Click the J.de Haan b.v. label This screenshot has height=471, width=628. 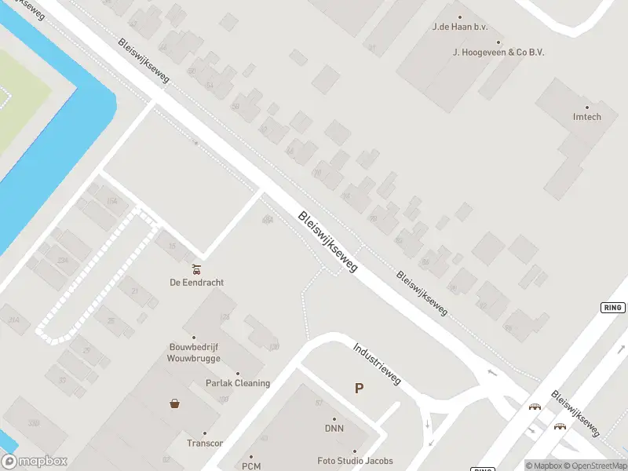tap(460, 27)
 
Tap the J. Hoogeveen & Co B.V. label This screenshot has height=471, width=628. tap(498, 52)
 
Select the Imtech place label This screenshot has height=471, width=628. tap(586, 118)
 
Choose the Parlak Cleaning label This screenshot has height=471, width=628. tap(237, 383)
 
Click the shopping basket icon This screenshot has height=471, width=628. tap(174, 403)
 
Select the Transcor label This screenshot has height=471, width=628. tap(205, 443)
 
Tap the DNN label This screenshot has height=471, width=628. tap(334, 429)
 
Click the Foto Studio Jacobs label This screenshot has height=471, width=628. tap(355, 461)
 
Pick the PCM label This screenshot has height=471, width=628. tap(251, 466)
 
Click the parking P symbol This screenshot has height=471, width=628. tap(359, 388)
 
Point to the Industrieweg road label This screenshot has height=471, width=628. tap(377, 363)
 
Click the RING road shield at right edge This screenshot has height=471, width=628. tap(613, 307)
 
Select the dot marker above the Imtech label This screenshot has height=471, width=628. tap(586, 108)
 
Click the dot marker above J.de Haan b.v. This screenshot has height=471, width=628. tap(460, 16)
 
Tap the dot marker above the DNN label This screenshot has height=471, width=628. tap(334, 419)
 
